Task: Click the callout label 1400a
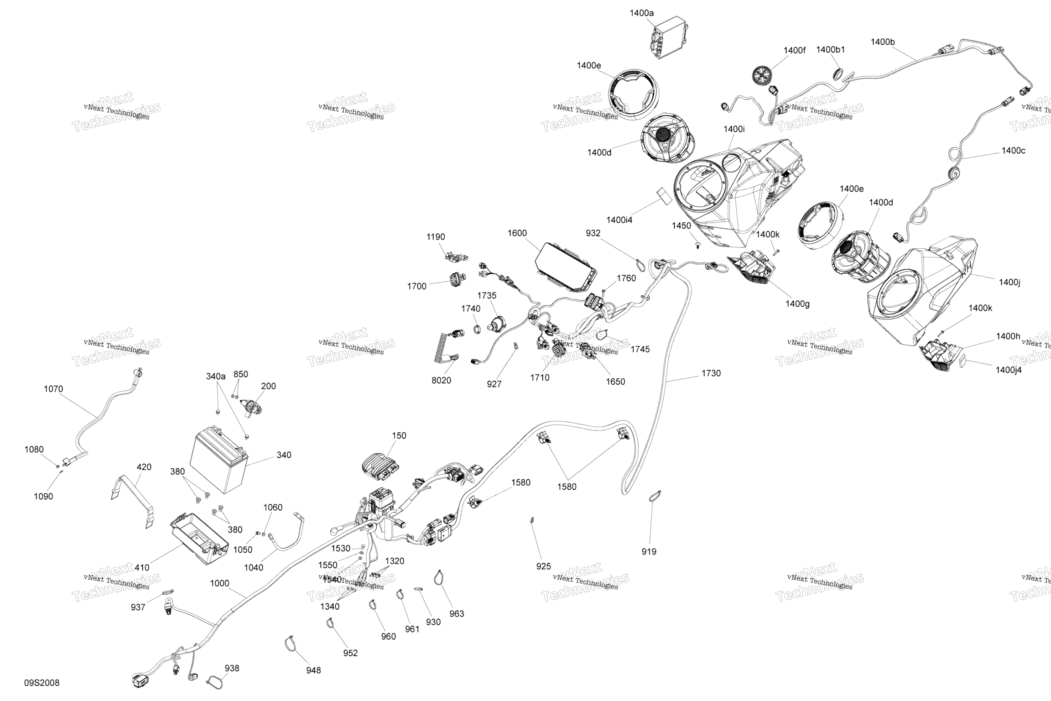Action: coord(641,13)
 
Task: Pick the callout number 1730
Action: coord(711,373)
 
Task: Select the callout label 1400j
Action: coord(1009,282)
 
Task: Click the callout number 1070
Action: coord(53,389)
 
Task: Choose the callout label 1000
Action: coord(219,583)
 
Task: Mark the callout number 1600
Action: coord(517,233)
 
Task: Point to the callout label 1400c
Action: coord(1013,151)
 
